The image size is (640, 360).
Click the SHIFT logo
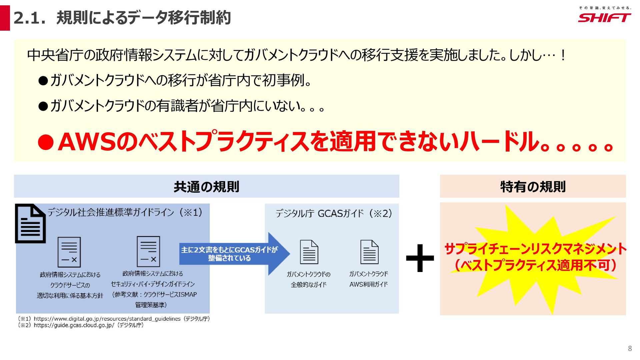click(604, 17)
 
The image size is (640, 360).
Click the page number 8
click(630, 348)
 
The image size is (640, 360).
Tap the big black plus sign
click(420, 258)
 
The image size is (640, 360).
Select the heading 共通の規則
click(206, 187)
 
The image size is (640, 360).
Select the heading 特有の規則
click(533, 187)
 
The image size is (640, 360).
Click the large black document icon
click(30, 223)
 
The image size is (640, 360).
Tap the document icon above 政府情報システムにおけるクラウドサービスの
click(69, 252)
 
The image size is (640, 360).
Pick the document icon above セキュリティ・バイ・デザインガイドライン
click(148, 251)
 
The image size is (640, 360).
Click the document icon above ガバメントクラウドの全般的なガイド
click(309, 252)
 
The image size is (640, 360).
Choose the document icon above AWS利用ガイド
click(369, 252)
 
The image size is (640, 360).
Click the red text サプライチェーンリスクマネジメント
click(535, 249)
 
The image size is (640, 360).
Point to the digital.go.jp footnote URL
click(107, 319)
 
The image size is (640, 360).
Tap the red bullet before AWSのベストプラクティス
click(46, 143)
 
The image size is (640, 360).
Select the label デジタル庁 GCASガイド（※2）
click(334, 213)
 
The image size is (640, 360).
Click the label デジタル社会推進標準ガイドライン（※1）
click(125, 212)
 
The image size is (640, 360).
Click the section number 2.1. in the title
click(29, 18)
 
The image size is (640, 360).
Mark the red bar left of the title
click(5, 18)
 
